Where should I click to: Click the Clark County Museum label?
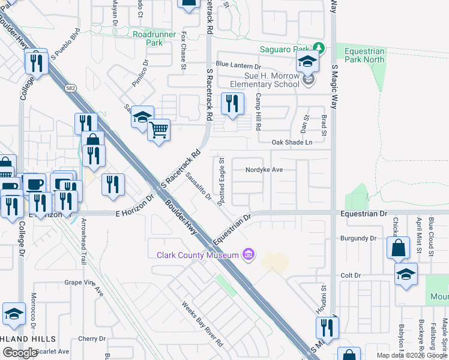pyautogui.click(x=199, y=255)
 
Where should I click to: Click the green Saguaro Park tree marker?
pyautogui.click(x=319, y=48)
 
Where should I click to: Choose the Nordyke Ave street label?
pyautogui.click(x=264, y=170)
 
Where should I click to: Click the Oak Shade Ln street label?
pyautogui.click(x=292, y=142)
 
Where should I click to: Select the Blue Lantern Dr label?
pyautogui.click(x=239, y=65)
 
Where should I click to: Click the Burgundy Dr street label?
pyautogui.click(x=357, y=238)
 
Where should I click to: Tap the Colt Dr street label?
pyautogui.click(x=350, y=275)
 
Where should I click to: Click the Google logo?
pyautogui.click(x=20, y=353)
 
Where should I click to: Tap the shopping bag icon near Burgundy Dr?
pyautogui.click(x=398, y=247)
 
